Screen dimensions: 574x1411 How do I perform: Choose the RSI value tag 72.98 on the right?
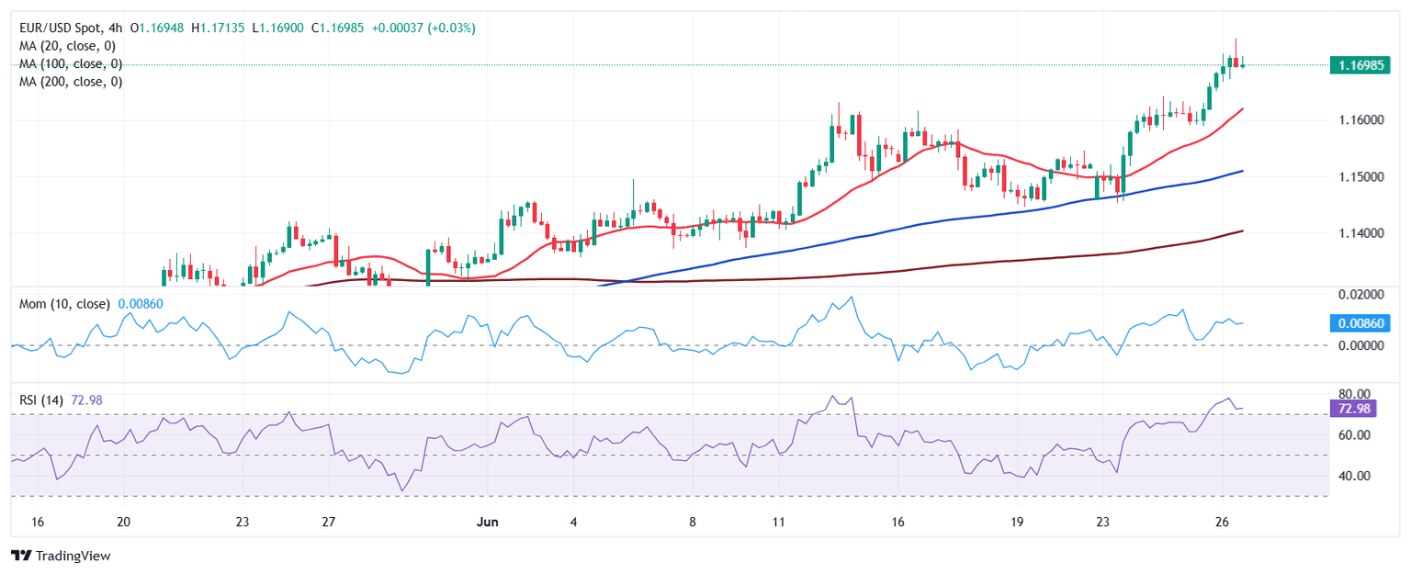click(x=1352, y=408)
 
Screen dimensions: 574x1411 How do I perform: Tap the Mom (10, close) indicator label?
click(x=64, y=304)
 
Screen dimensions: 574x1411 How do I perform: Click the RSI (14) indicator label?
click(x=41, y=400)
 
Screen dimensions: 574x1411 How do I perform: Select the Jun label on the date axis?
click(x=487, y=522)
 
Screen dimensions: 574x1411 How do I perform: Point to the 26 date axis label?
click(x=1222, y=522)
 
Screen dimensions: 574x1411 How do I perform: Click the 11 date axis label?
click(x=778, y=522)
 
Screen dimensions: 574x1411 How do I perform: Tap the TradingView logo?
click(x=61, y=556)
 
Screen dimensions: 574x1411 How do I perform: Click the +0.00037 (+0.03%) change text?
click(x=424, y=28)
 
